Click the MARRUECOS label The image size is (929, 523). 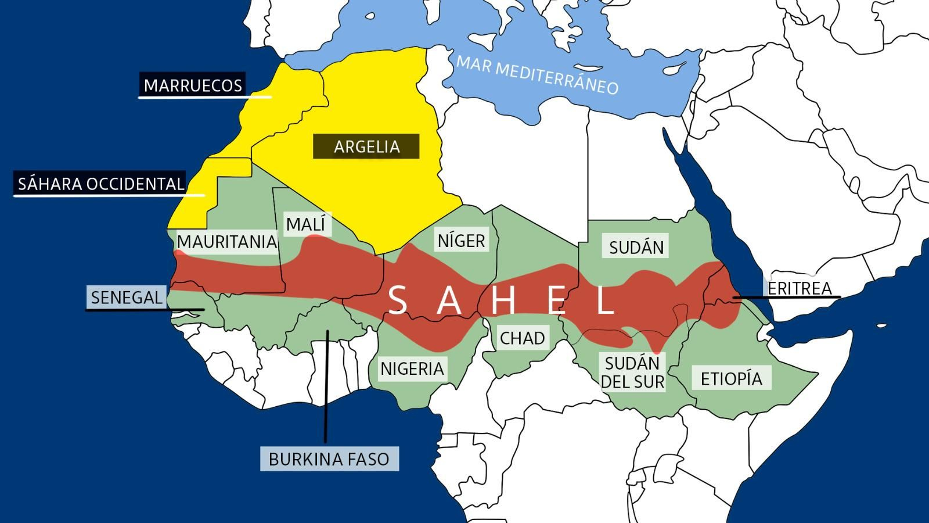coord(193,85)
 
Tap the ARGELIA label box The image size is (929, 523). coord(366,146)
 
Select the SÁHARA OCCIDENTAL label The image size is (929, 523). coord(100,184)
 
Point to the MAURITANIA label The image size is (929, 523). coord(226,242)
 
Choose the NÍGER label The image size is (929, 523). coord(461,240)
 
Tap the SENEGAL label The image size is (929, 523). coord(126,297)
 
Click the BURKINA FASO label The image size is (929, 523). coord(329,459)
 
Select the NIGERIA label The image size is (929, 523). coord(412,368)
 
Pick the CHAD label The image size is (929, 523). coord(522,338)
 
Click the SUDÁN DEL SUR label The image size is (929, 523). coord(632,372)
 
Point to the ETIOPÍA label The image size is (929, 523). coord(731,378)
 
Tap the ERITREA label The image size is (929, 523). coord(799,288)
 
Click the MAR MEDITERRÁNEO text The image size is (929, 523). coord(537,75)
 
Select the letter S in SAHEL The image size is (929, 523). coord(397,300)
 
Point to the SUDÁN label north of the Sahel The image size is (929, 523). coord(636,247)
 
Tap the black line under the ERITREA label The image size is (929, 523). coord(786,298)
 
